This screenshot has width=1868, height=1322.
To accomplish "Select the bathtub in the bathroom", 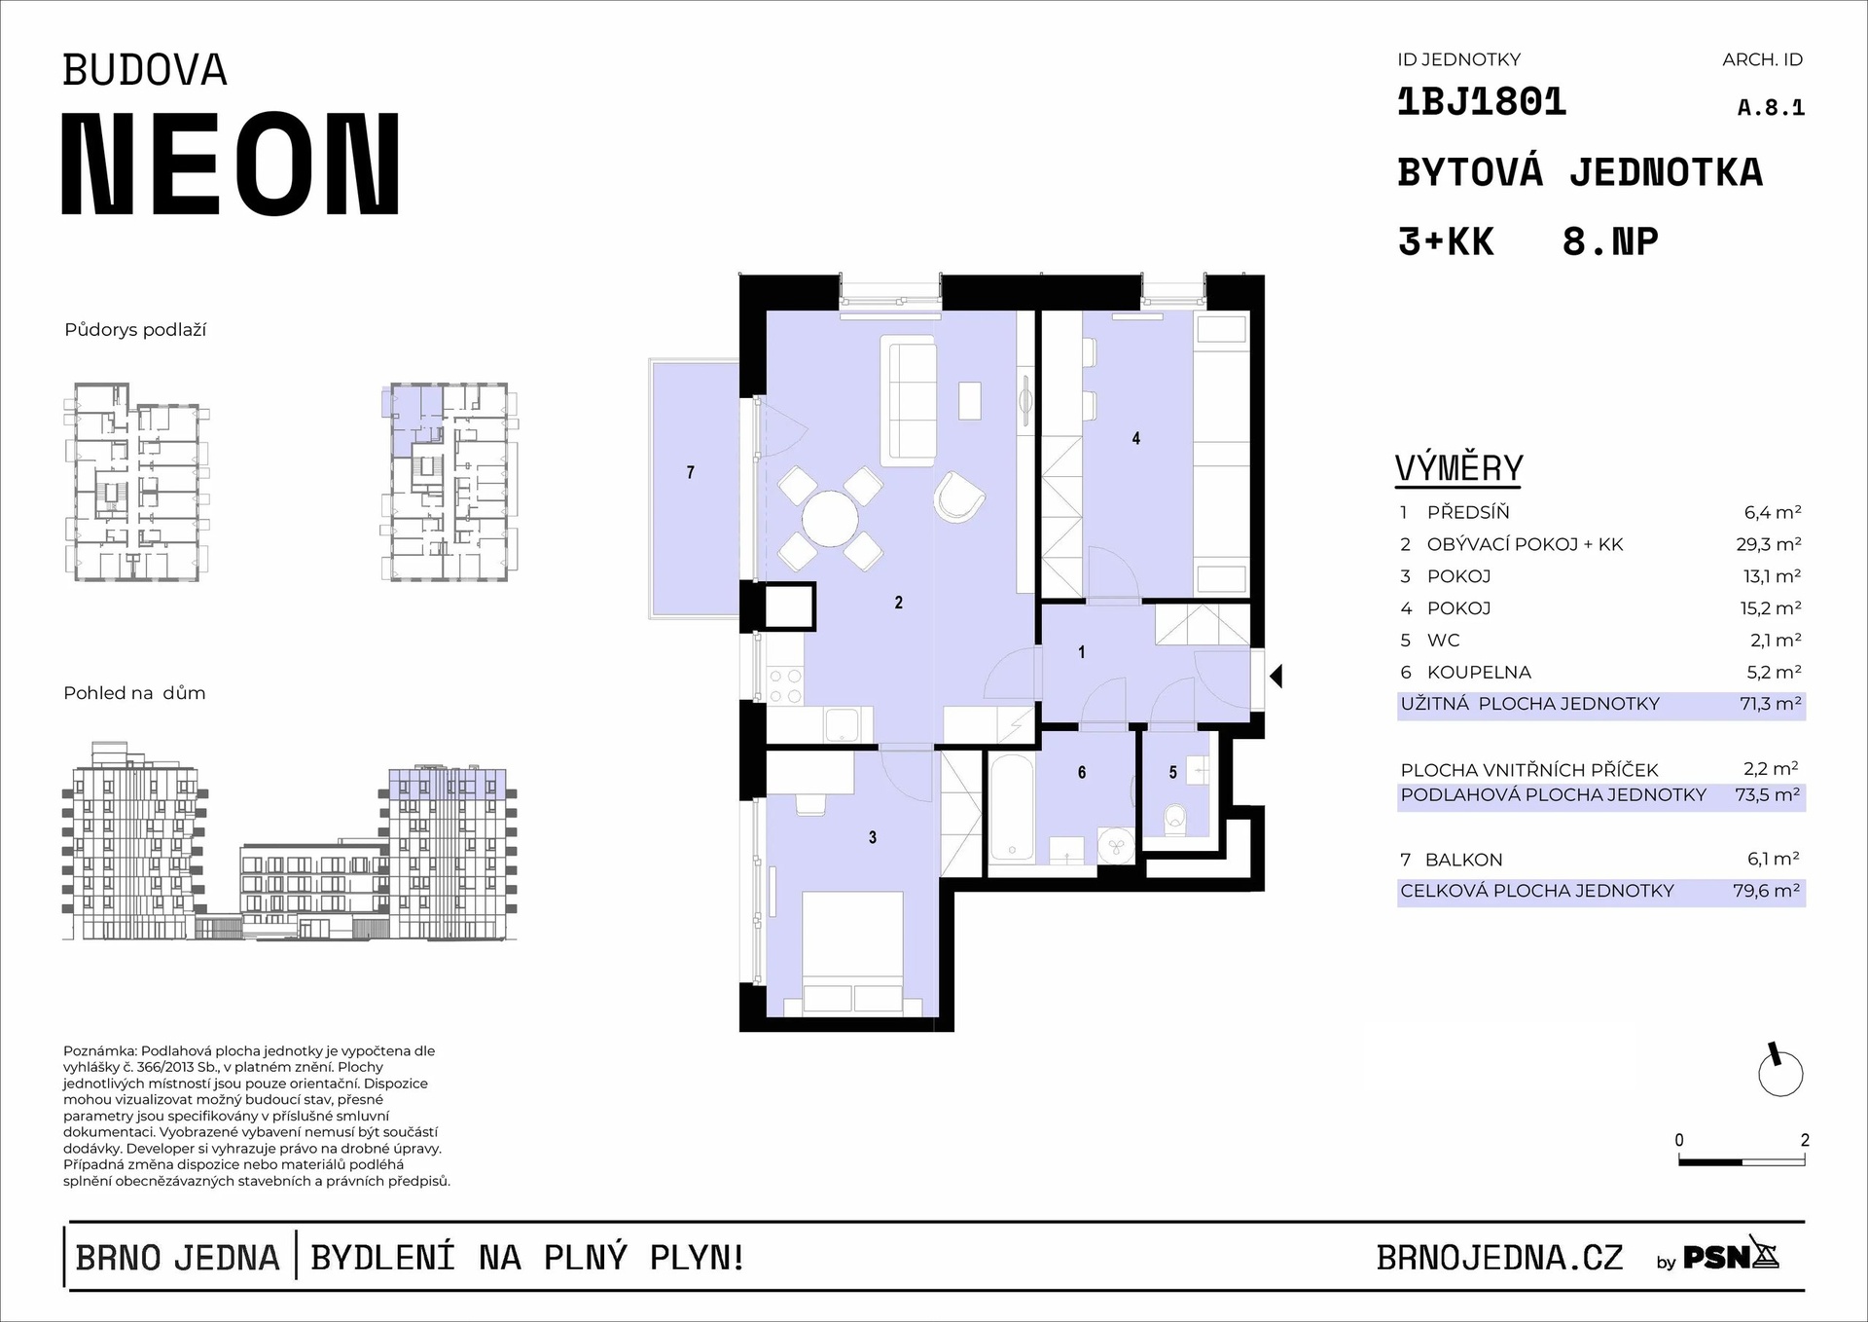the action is click(x=1012, y=807).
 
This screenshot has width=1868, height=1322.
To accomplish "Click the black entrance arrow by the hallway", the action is click(x=1275, y=676).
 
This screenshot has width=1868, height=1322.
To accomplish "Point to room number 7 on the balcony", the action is click(x=691, y=472).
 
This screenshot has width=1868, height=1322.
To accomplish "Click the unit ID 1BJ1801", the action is click(x=1481, y=101).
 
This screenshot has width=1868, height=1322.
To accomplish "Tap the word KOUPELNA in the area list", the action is click(x=1479, y=672).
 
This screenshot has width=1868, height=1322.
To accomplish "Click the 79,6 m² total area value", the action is click(x=1766, y=891).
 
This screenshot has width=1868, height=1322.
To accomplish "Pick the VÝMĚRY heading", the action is click(x=1458, y=468).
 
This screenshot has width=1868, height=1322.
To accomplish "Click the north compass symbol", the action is click(x=1780, y=1072).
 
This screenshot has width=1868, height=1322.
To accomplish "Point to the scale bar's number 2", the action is click(x=1805, y=1140).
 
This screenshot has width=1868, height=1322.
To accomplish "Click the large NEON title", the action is click(x=232, y=164).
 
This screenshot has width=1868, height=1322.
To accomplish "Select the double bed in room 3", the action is click(x=853, y=954).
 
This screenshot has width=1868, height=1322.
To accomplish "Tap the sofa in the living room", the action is click(x=909, y=400).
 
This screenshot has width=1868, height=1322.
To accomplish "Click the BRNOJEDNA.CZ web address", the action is click(x=1499, y=1258).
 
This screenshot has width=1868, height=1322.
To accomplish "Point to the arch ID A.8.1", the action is click(x=1771, y=107).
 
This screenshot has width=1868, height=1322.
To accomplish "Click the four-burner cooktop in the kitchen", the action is click(x=785, y=685).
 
